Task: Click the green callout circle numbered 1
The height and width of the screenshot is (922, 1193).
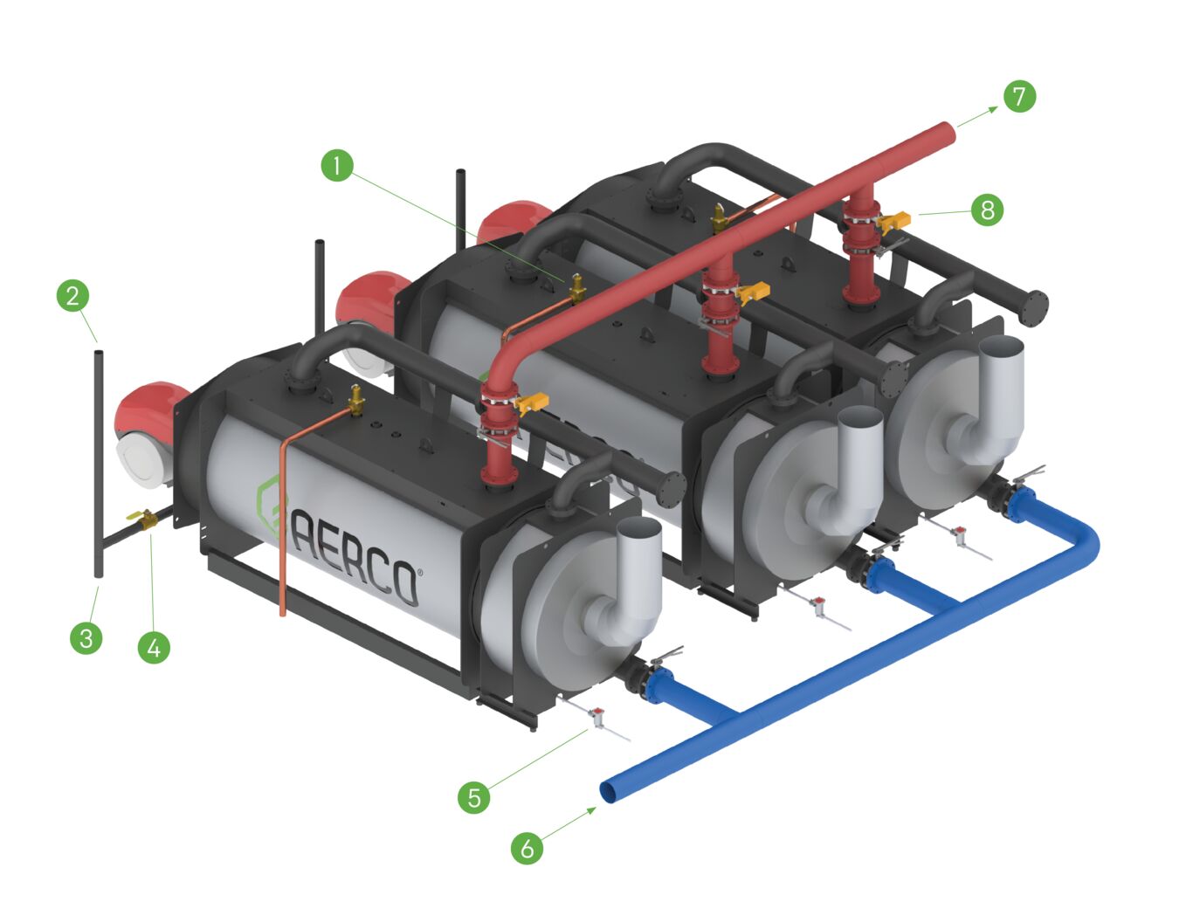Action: [337, 164]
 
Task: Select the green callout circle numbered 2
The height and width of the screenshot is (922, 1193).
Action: [72, 295]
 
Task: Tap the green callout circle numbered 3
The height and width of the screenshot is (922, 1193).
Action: [86, 637]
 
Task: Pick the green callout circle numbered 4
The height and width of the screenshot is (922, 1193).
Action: [154, 648]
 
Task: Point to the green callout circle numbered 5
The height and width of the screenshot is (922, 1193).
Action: [474, 796]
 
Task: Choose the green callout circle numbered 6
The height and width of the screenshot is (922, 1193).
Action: [527, 847]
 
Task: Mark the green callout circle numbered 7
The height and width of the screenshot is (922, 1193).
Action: [1019, 95]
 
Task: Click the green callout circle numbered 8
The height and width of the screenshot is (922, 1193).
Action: [987, 210]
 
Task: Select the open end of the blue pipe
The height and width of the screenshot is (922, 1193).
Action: [609, 792]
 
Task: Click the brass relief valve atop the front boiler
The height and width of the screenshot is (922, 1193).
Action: [355, 400]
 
